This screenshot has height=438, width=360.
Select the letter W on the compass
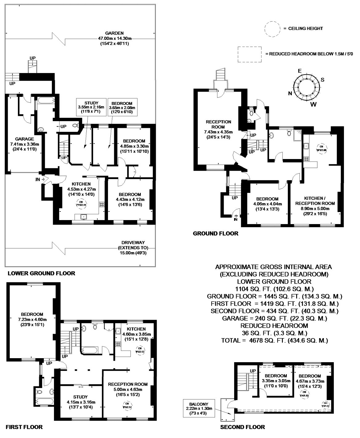point(313,104)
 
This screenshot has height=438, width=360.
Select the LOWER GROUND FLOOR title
point(41,273)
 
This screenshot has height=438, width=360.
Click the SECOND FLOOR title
point(242,427)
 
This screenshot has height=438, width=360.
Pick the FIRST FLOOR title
point(24,427)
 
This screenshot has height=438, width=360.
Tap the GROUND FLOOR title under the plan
point(215,233)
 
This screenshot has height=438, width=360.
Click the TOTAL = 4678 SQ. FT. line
point(274,340)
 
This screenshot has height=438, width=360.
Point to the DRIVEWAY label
point(133,243)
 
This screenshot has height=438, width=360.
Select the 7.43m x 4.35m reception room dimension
point(218,132)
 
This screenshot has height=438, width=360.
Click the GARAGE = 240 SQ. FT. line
point(274,318)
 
